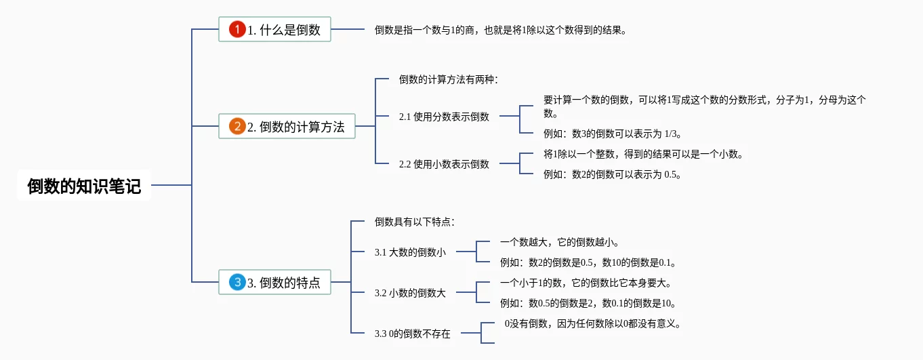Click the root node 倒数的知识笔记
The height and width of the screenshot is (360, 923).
point(84,186)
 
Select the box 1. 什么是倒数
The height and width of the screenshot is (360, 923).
point(274,29)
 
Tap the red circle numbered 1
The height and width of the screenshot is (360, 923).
point(237,29)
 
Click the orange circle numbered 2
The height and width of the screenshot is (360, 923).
point(237,126)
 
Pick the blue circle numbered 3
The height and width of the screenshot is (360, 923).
point(237,282)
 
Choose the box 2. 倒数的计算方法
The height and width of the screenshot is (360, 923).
point(287,126)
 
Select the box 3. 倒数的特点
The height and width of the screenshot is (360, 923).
point(274,282)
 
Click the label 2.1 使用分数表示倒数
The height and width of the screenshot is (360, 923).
point(444,117)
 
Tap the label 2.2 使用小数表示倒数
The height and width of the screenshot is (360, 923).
point(444,164)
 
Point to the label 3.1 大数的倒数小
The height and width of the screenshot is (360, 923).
point(410,252)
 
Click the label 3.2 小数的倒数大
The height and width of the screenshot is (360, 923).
point(410,293)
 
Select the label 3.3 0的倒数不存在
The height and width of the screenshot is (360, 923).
point(412,334)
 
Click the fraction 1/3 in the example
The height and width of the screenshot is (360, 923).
point(672,134)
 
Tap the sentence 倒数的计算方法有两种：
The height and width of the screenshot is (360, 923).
point(449,79)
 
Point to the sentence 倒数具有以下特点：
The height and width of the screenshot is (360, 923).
point(415,222)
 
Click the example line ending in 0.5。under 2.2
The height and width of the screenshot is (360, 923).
point(612,174)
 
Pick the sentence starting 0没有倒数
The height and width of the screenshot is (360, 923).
point(592,323)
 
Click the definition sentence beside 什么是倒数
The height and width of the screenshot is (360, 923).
point(501,30)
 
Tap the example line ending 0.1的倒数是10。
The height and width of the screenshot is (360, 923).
point(589,303)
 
